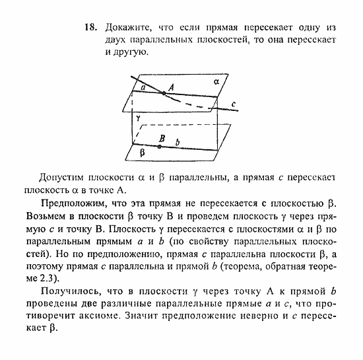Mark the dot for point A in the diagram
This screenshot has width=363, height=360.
pos(164,93)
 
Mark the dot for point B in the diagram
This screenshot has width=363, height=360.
pos(160,147)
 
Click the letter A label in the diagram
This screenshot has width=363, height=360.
pos(171,87)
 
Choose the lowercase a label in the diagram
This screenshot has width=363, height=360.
pos(143,87)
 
